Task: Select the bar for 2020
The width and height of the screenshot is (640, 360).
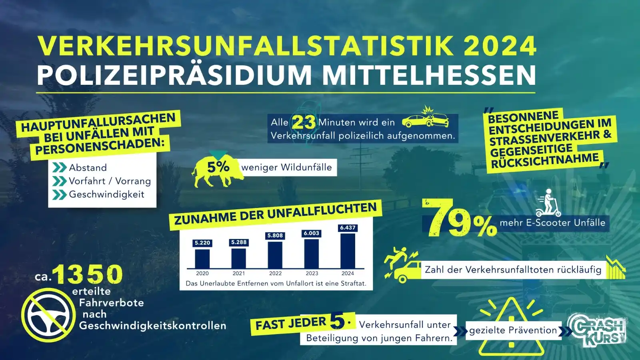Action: coord(202,258)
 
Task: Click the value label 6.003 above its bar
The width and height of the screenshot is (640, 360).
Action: coord(311,233)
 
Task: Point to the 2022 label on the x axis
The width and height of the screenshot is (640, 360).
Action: coord(275,274)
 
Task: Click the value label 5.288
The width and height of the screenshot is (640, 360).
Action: coord(239,242)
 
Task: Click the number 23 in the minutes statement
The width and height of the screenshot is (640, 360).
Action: coord(304,122)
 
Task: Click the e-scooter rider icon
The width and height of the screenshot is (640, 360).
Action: coord(548,203)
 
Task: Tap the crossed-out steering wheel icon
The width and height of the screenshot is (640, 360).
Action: coord(48,315)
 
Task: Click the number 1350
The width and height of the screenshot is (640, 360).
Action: coord(88,275)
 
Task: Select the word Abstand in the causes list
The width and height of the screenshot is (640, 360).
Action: coord(88,168)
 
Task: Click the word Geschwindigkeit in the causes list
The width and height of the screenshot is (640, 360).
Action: coord(106,195)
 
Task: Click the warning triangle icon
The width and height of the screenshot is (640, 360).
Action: coord(511,328)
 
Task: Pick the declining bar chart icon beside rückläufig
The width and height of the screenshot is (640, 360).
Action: coord(615,268)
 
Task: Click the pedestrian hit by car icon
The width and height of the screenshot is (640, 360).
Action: coord(402,264)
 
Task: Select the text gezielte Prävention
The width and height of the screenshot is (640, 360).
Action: coord(513,330)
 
